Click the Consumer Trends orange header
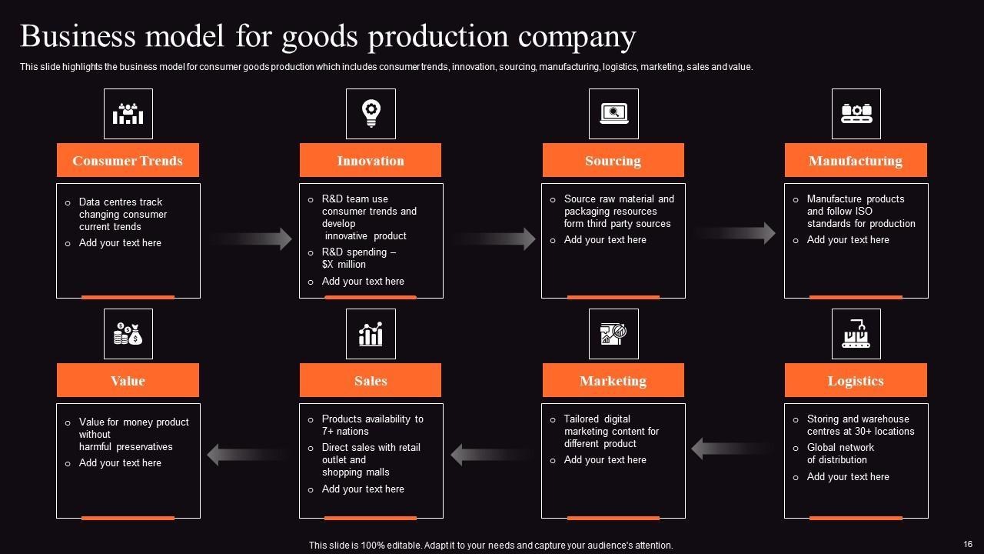pos(128,160)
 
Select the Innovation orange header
pos(370,160)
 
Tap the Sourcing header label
pos(613,160)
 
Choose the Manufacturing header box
pos(855,160)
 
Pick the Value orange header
pos(128,380)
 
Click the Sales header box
pos(370,380)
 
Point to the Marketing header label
pos(613,380)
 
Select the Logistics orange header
pos(855,380)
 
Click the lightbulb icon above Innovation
pos(371,113)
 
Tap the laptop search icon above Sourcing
pos(613,113)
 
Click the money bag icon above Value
pos(128,334)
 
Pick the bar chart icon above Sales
pos(371,334)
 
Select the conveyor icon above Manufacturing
pos(856,113)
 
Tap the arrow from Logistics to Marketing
pos(734,448)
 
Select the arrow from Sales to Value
pos(250,455)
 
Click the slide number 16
pos(968,544)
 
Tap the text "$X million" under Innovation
pos(344,264)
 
